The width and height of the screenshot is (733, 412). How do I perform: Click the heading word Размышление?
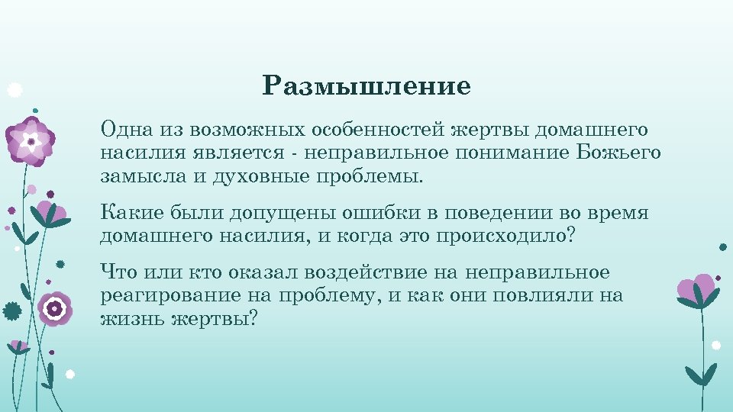(x=366, y=86)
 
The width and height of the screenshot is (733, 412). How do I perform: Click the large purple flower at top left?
(x=31, y=141)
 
